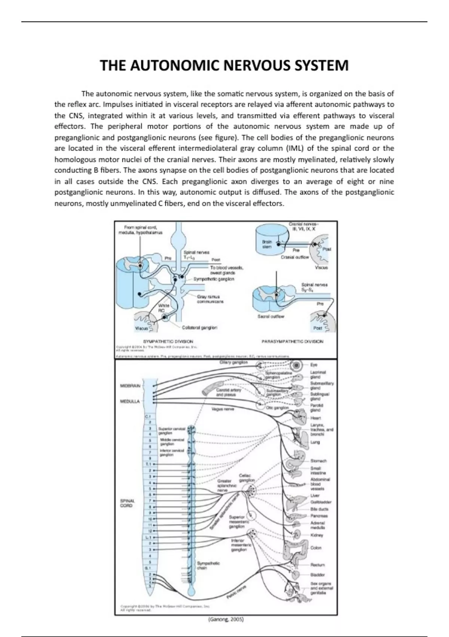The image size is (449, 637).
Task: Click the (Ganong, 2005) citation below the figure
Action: tap(226, 619)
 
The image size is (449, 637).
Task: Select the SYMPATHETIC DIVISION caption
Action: tap(168, 341)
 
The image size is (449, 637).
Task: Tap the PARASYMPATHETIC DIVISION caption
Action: tap(292, 341)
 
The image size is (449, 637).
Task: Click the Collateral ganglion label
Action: tap(199, 327)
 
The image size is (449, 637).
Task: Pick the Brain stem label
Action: tap(267, 244)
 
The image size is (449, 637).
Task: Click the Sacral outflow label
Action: tap(271, 316)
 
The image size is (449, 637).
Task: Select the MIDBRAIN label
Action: tap(130, 386)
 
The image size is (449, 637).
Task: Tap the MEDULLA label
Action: tap(130, 401)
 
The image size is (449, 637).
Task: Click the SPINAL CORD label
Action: tap(127, 503)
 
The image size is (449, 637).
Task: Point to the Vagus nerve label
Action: tap(223, 409)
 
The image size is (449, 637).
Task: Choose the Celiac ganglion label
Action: tap(247, 478)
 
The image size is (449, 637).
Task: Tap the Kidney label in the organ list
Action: tap(317, 535)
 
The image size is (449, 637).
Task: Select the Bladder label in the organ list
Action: tap(318, 574)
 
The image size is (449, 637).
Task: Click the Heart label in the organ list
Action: tap(315, 418)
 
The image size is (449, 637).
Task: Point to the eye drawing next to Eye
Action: tap(297, 365)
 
